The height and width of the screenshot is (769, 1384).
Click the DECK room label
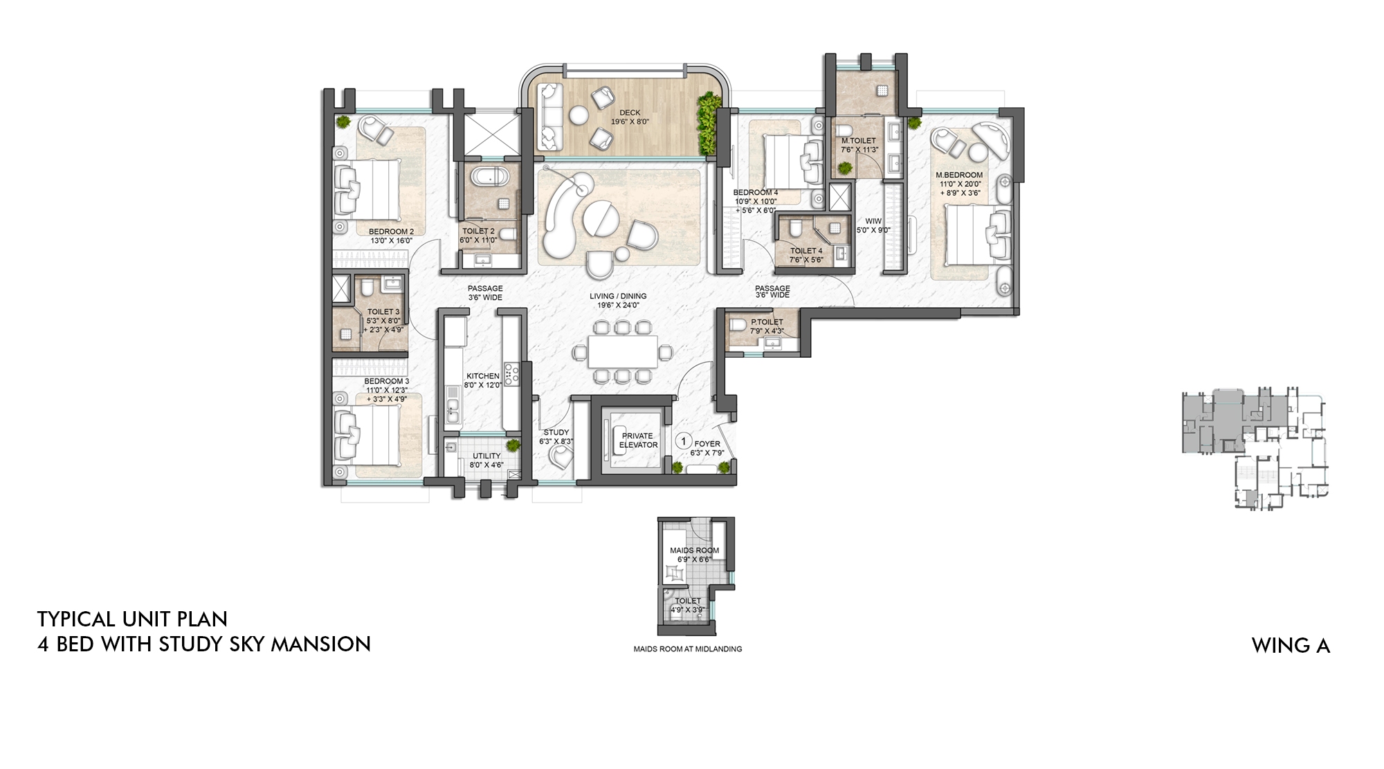(630, 113)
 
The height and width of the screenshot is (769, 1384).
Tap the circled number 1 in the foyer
(684, 441)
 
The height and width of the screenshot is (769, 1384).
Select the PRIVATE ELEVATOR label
(637, 440)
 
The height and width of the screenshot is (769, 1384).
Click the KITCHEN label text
(482, 376)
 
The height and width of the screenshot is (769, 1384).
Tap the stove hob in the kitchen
(511, 374)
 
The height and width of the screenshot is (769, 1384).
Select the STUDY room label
(556, 433)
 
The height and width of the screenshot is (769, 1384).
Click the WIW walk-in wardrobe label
(873, 221)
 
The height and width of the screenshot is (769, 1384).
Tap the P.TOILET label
(767, 322)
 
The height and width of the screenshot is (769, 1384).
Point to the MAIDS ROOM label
(694, 550)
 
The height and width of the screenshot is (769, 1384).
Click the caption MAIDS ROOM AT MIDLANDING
(687, 649)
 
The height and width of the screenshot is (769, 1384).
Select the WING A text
(1291, 645)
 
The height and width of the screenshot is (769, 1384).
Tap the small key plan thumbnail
(1254, 450)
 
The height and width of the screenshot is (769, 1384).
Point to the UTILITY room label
(486, 456)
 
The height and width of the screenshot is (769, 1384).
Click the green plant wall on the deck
(707, 125)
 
